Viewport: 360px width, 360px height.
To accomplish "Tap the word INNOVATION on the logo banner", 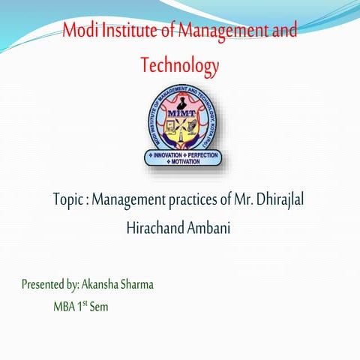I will coord(166,154).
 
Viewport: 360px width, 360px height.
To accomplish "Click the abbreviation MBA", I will coord(63,306).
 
